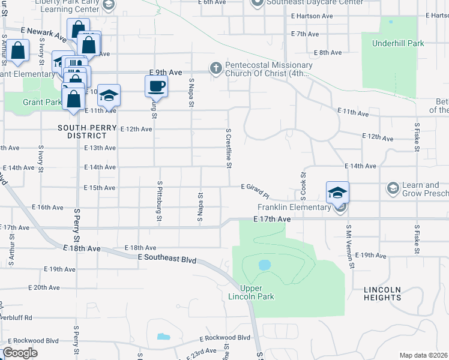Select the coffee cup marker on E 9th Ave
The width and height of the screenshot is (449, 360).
156,86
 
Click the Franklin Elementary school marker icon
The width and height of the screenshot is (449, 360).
337,193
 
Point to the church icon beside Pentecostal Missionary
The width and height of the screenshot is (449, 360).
215,68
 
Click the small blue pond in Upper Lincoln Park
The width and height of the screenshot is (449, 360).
264,265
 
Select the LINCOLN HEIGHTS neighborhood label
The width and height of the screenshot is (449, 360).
382,293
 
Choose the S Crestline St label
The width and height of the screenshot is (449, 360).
229,148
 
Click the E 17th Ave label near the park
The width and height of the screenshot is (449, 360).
272,220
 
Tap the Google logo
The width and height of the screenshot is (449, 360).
20,353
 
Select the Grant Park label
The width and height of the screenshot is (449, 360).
43,102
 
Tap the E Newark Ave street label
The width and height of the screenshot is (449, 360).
43,34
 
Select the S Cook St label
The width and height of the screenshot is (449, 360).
303,187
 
